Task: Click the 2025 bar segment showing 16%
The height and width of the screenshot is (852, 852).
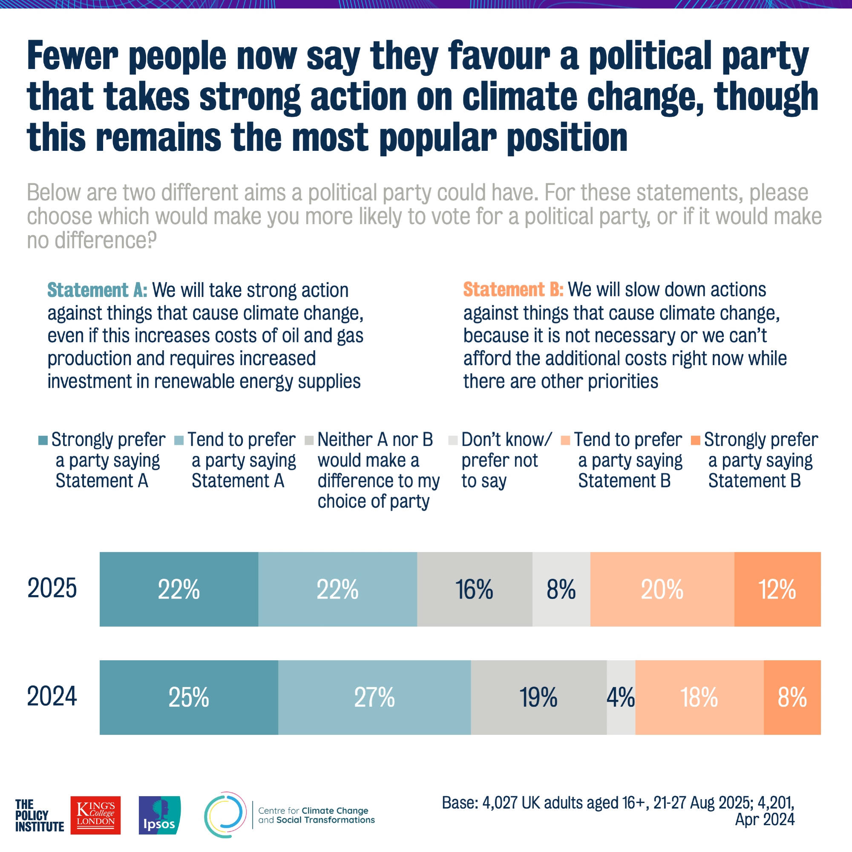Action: pos(475,589)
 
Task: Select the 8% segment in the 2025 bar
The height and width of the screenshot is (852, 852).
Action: pos(561,589)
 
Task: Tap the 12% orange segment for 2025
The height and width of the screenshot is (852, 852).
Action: pos(777,589)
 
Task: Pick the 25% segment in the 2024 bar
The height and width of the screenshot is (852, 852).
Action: pos(189,697)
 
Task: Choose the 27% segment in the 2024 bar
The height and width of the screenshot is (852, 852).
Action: pos(374,697)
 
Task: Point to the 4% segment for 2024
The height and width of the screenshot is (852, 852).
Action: pos(621,697)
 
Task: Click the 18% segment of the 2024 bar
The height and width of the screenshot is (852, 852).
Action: pos(699,697)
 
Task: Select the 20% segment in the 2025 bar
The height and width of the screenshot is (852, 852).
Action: pos(662,589)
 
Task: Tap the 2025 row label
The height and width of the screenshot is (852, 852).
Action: pos(52,588)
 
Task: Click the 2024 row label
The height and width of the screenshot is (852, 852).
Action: pos(52,697)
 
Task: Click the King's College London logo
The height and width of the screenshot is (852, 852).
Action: pos(95,815)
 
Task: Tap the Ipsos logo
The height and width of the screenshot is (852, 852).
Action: pos(159,815)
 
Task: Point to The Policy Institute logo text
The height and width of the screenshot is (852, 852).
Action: pos(39,816)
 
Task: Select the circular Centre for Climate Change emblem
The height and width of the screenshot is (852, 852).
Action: pos(225,815)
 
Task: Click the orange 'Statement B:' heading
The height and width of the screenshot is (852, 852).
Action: pos(513,290)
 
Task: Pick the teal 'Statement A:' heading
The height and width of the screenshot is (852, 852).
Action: pos(97,290)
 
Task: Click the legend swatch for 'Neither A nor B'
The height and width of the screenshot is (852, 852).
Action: pos(309,440)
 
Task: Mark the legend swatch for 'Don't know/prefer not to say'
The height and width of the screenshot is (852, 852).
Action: pos(453,440)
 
